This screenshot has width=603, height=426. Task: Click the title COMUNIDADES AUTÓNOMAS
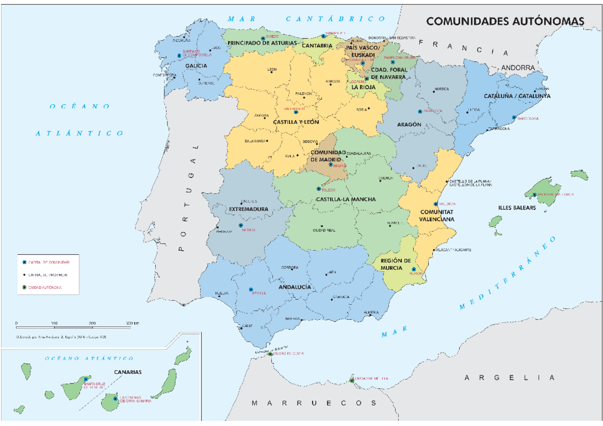[x=506, y=21]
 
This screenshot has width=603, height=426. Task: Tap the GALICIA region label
[x=196, y=66]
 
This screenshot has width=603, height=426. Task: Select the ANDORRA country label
[x=518, y=67]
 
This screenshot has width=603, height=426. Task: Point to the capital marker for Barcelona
[x=514, y=118]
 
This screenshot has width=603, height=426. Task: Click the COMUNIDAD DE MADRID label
[x=328, y=156]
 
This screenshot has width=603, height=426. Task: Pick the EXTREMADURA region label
[x=248, y=208]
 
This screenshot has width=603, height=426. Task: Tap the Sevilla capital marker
[x=251, y=290]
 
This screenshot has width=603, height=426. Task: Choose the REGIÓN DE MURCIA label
[x=396, y=264]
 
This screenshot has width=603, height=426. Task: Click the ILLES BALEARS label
[x=517, y=207]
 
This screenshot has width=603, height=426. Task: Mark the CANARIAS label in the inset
[x=127, y=372]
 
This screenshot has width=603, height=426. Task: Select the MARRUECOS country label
[x=314, y=403]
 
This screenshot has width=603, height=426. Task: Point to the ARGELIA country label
[x=510, y=378]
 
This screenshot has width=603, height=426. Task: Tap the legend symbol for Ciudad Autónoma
[x=24, y=287]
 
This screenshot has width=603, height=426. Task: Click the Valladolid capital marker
[x=295, y=112]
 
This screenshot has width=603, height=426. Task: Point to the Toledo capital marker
[x=318, y=189]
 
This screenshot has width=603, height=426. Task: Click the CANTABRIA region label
[x=317, y=46]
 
